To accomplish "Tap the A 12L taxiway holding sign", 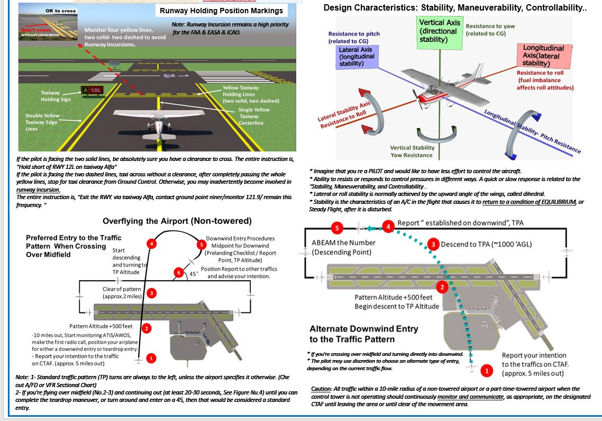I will pyautogui.click(x=92, y=90).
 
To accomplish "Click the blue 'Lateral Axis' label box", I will pyautogui.click(x=357, y=57).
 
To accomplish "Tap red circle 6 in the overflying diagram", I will pyautogui.click(x=179, y=273).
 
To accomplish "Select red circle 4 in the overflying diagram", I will pyautogui.click(x=152, y=244).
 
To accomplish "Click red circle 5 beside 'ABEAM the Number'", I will pyautogui.click(x=335, y=228).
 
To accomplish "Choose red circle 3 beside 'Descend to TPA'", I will pyautogui.click(x=433, y=244).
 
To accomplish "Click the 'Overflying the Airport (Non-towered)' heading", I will pyautogui.click(x=177, y=221).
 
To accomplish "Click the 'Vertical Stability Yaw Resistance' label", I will pyautogui.click(x=412, y=151).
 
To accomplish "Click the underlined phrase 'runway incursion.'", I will pyautogui.click(x=38, y=189).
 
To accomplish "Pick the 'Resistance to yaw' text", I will pyautogui.click(x=490, y=26).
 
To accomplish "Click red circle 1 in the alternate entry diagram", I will pyautogui.click(x=486, y=371).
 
